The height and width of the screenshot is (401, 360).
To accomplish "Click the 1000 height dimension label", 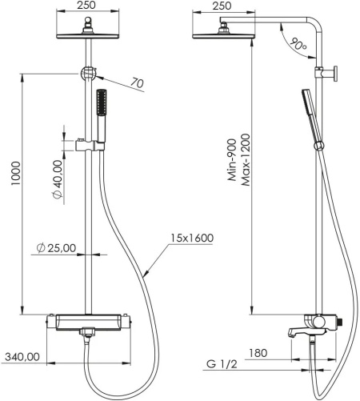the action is pyautogui.click(x=16, y=174).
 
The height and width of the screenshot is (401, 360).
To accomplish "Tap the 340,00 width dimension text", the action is pyautogui.click(x=22, y=357).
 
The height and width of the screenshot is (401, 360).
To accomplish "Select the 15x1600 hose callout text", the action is pyautogui.click(x=192, y=238).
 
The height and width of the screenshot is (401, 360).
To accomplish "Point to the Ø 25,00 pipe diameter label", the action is pyautogui.click(x=56, y=248).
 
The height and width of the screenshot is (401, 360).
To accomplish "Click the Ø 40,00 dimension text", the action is pyautogui.click(x=58, y=179).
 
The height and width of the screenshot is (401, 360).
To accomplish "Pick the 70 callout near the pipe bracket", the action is pyautogui.click(x=137, y=83).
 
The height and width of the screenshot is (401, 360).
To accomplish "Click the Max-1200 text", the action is pyautogui.click(x=246, y=160).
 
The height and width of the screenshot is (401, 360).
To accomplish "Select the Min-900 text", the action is pyautogui.click(x=232, y=160).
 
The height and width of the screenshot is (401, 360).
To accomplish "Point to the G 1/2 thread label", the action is pyautogui.click(x=222, y=364).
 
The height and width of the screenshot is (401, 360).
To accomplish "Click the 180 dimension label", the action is pyautogui.click(x=258, y=353).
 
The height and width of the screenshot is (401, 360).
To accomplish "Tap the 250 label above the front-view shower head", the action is pyautogui.click(x=86, y=5).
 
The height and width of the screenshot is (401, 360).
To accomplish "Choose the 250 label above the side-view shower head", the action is pyautogui.click(x=222, y=6).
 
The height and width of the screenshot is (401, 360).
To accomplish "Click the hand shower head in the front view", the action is pyautogui.click(x=102, y=102).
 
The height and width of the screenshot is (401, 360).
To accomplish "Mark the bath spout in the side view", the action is pyautogui.click(x=296, y=332).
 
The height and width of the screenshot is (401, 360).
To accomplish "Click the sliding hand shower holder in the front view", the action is pyautogui.click(x=90, y=146).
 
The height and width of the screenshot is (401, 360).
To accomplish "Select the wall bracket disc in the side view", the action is pyautogui.click(x=335, y=74).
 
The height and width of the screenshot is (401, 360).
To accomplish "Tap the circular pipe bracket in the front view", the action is pyautogui.click(x=88, y=74).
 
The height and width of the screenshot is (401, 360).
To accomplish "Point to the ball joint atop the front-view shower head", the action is pyautogui.click(x=88, y=20).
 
